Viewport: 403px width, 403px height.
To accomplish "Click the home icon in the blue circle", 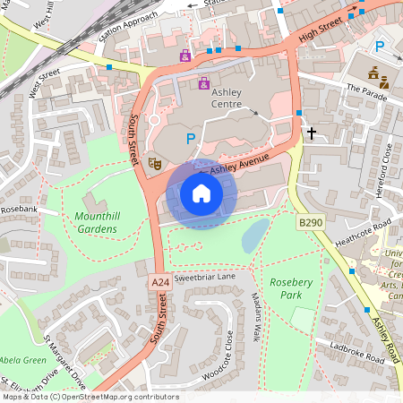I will click(x=201, y=193).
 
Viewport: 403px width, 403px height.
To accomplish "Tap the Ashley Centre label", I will click(x=226, y=97).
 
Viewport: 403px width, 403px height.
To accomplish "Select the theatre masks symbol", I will click(x=154, y=164).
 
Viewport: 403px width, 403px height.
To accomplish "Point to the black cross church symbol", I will click(x=312, y=133).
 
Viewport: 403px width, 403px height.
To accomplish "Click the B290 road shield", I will click(x=310, y=221).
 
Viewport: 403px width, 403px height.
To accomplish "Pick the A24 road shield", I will click(x=159, y=282).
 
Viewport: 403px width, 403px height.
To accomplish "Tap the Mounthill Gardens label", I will click(x=96, y=222).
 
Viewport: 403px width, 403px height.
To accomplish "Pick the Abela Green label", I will click(x=22, y=360).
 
